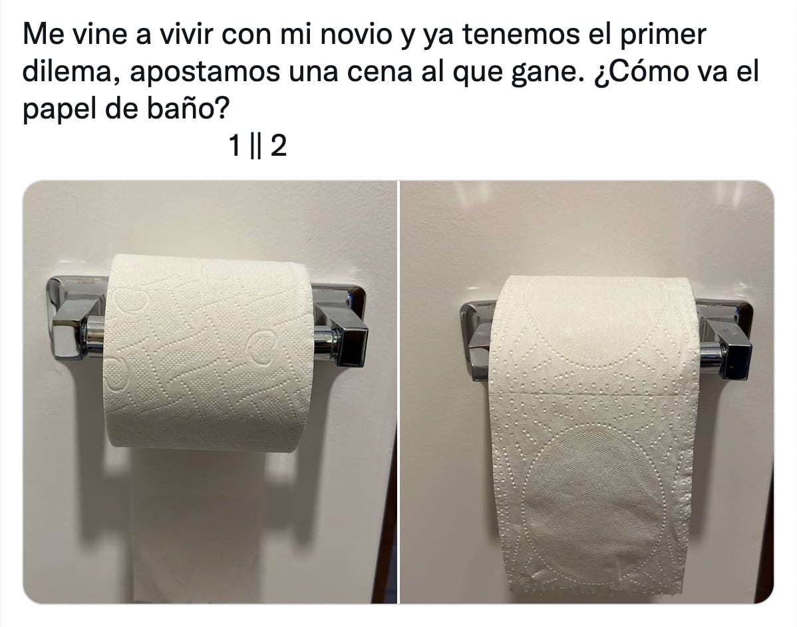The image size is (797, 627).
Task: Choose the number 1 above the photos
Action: [x=234, y=146]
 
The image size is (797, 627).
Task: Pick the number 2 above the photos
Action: [x=279, y=146]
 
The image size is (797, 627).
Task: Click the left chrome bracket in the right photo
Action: [x=478, y=341]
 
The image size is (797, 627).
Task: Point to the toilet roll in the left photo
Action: [x=208, y=352]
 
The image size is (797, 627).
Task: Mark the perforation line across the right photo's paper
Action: [x=593, y=394]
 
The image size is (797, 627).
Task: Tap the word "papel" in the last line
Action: [x=59, y=109]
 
